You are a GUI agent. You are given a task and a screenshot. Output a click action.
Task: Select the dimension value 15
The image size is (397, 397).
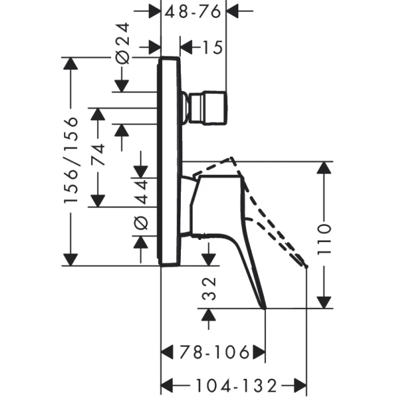tap(211, 48)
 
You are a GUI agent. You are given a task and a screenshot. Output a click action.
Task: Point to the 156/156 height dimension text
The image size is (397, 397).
tap(70, 161)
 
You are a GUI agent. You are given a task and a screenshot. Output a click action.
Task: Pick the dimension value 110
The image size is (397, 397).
tap(324, 236)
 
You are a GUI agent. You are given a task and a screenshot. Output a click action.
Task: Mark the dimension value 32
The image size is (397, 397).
tap(209, 288)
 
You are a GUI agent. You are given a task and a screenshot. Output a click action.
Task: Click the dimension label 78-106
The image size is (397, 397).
tap(214, 353)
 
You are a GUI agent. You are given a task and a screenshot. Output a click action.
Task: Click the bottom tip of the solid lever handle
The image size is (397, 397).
tap(265, 308)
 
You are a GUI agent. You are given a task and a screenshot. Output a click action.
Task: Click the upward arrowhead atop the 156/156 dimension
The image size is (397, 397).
tap(70, 64)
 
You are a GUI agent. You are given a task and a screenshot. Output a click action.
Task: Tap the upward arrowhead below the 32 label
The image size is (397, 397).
tap(209, 315)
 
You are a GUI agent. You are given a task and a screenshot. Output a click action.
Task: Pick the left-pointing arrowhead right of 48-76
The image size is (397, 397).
tap(233, 11)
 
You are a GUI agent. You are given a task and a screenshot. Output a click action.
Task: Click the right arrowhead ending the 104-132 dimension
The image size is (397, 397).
tap(301, 384)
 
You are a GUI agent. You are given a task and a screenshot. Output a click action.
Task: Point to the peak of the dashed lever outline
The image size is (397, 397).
tap(231, 158)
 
